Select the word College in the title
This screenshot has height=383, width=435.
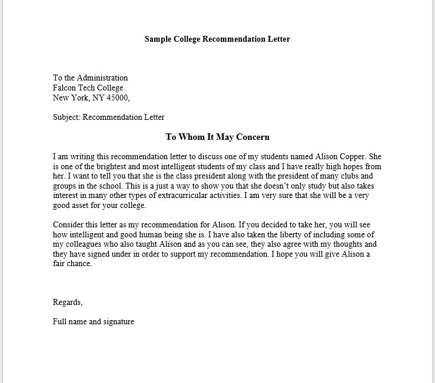coord(188,39)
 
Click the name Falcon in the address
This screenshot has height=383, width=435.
coord(65,88)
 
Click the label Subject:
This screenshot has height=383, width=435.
coord(67,117)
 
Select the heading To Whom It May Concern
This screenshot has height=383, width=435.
coord(217,137)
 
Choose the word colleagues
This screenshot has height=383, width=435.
coord(85,244)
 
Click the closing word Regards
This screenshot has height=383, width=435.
coord(67,303)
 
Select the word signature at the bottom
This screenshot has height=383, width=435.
coord(119,321)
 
